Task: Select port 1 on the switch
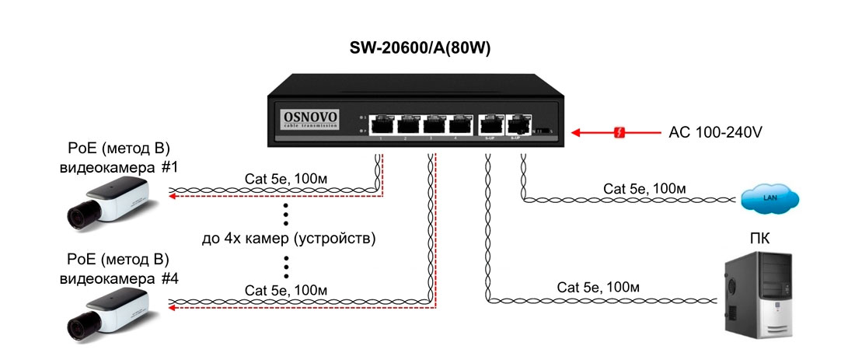382,124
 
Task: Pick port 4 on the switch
460,124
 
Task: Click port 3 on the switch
434,124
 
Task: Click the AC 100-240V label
715,132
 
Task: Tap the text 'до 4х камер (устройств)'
288,239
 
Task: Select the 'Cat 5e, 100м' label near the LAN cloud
644,188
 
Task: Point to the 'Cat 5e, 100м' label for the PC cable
598,288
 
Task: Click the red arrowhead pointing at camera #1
175,197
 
